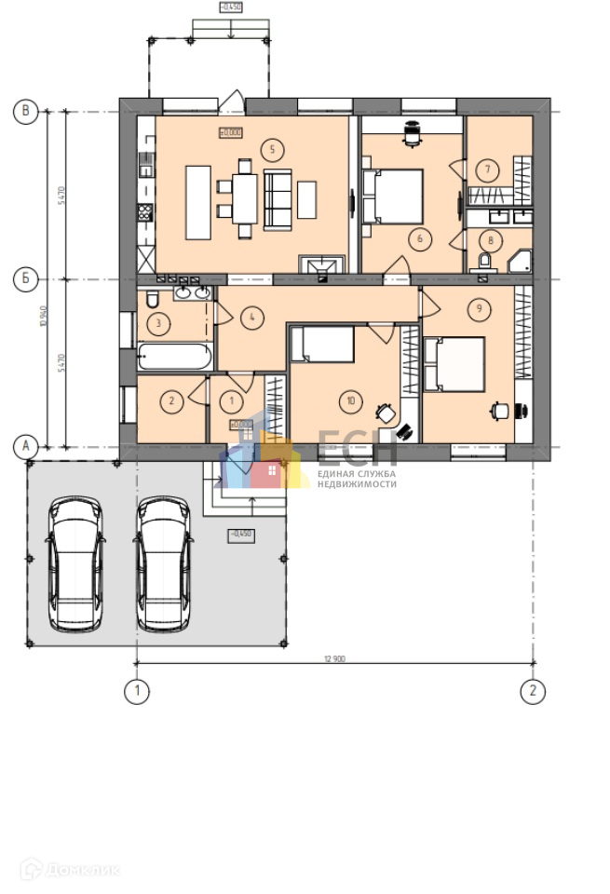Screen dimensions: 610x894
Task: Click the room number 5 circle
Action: [x=271, y=148]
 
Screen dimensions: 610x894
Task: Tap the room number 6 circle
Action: [x=420, y=239]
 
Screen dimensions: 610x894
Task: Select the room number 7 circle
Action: [x=486, y=169]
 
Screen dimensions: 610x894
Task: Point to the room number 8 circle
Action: [x=492, y=239]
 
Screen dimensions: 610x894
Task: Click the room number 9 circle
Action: [x=478, y=307]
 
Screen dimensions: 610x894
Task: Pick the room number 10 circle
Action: [x=350, y=401]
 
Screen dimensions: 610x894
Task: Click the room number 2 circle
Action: [x=170, y=402]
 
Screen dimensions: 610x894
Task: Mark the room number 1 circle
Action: [x=233, y=402]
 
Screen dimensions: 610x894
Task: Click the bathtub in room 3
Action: [x=175, y=357]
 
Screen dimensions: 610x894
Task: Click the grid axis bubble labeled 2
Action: [x=533, y=691]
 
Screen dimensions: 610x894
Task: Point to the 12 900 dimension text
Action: [x=335, y=658]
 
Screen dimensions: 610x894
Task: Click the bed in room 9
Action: [x=454, y=364]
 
